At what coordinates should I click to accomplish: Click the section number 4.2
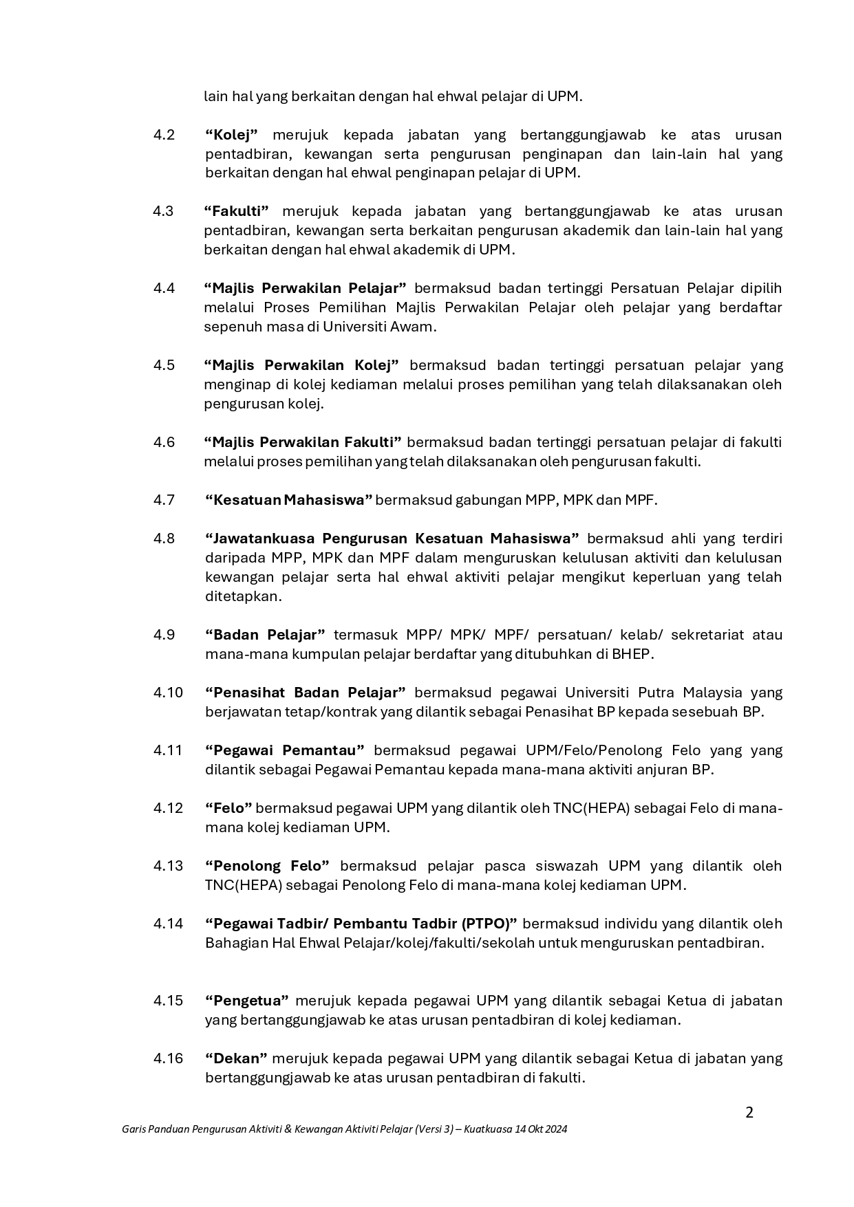(164, 135)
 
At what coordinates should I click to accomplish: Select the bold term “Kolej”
(231, 135)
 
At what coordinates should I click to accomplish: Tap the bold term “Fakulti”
(236, 211)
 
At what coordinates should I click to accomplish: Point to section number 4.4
(164, 288)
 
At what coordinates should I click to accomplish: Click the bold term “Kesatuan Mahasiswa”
(288, 500)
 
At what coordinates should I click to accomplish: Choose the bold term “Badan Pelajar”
(265, 635)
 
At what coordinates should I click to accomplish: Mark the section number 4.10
(168, 693)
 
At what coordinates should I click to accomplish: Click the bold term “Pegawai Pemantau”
(284, 750)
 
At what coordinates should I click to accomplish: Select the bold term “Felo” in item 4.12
(228, 808)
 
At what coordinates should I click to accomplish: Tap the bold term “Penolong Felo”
(267, 866)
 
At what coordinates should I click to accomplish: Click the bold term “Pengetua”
(246, 1001)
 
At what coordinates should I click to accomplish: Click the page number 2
(749, 1113)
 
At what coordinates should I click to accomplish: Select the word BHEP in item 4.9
(631, 654)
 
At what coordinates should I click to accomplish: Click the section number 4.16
(168, 1058)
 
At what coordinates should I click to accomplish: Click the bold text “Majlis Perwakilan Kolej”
(302, 365)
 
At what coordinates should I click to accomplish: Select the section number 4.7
(164, 500)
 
